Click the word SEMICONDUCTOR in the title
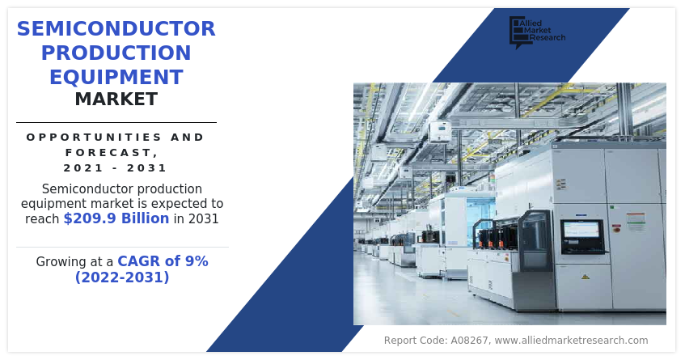(116, 29)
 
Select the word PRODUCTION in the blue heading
(116, 53)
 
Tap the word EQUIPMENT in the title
(116, 78)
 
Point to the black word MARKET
(116, 100)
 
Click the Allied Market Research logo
(537, 32)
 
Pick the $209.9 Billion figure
(116, 218)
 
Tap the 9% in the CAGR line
(197, 261)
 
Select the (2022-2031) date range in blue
(122, 277)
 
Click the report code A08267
(469, 341)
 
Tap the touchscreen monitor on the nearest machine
(582, 236)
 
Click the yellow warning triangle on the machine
(586, 277)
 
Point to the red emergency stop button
(617, 227)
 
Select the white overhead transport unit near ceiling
(440, 132)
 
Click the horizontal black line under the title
(116, 123)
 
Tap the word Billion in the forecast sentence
(145, 218)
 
